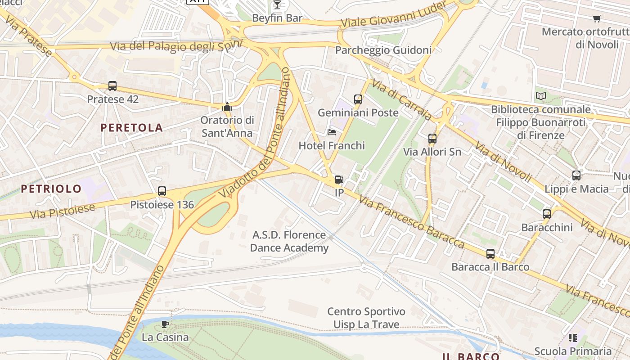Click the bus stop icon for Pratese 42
click(x=112, y=86)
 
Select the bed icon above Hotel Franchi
click(x=332, y=132)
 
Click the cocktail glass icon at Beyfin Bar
click(x=277, y=4)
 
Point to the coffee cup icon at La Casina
click(x=165, y=324)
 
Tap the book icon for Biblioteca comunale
click(x=540, y=96)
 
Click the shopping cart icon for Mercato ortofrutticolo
click(x=597, y=18)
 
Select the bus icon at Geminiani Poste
click(x=358, y=99)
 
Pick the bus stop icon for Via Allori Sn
click(x=432, y=139)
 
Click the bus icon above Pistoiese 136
click(x=162, y=191)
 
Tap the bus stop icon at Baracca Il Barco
click(x=490, y=254)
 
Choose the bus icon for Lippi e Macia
click(x=576, y=175)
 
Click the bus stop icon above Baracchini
click(x=547, y=214)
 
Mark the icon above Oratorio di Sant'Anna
click(x=227, y=107)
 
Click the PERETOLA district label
click(x=131, y=128)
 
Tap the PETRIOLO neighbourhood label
click(x=51, y=189)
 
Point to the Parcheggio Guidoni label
click(x=383, y=50)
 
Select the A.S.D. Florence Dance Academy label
click(x=289, y=241)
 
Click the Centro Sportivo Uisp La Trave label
click(x=366, y=318)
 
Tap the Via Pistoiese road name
click(x=63, y=211)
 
